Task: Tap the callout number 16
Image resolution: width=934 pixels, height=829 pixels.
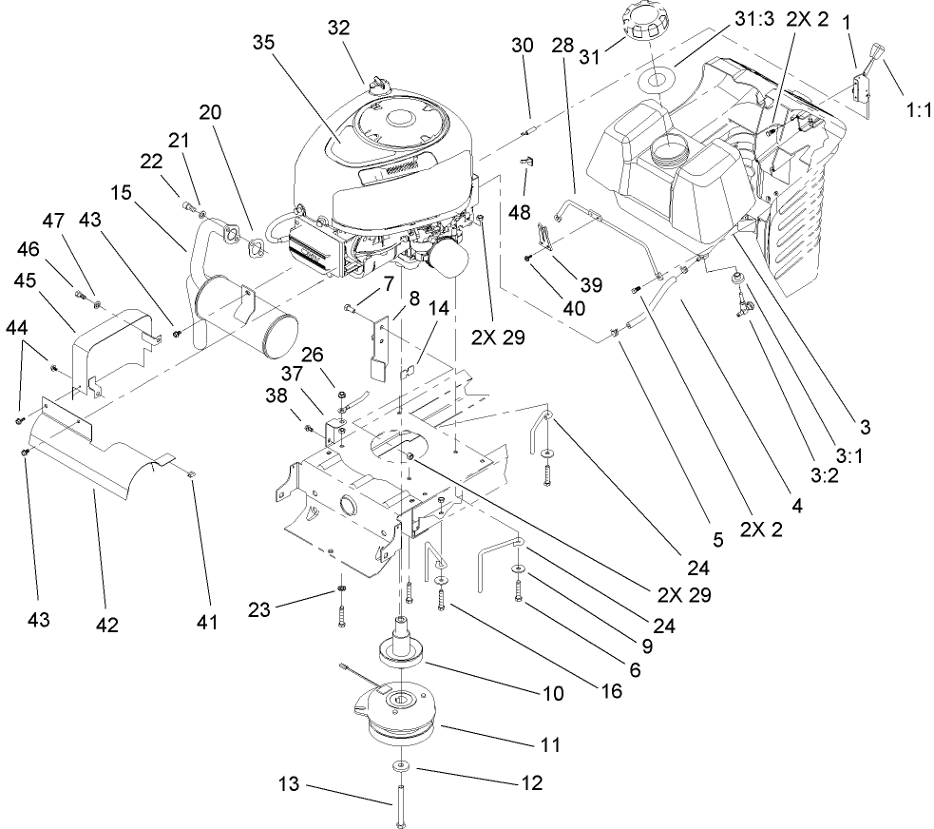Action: pyautogui.click(x=611, y=691)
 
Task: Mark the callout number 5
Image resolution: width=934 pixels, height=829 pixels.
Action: pyautogui.click(x=718, y=540)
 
